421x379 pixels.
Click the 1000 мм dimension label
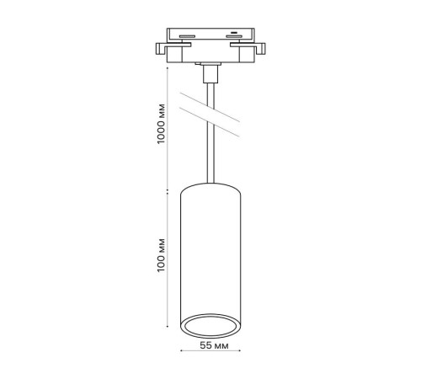click(161, 124)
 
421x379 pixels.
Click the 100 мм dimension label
click(161, 255)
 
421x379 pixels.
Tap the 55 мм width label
click(214, 345)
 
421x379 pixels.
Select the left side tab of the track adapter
click(162, 49)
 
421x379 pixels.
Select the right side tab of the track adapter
click(260, 49)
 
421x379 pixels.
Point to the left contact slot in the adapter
click(187, 36)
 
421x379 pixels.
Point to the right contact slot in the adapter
click(234, 36)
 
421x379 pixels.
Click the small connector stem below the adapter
click(210, 74)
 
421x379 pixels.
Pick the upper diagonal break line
click(210, 107)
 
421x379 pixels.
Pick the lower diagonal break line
click(210, 122)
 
